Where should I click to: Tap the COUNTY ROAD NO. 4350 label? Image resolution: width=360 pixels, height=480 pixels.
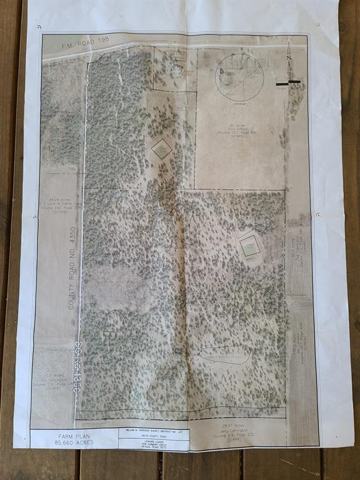point(71,269)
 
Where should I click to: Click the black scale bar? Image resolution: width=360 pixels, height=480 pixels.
point(288,82)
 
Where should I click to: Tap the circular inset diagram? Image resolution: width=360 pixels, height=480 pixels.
point(239,76)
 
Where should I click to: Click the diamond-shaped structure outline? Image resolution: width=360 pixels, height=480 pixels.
point(162,149)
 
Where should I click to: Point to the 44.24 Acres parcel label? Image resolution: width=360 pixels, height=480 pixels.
point(61,203)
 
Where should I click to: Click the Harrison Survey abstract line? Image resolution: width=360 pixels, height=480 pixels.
point(153,431)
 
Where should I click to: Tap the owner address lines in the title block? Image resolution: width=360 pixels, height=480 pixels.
point(153,446)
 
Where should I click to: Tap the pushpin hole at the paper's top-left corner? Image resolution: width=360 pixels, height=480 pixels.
point(39,27)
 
